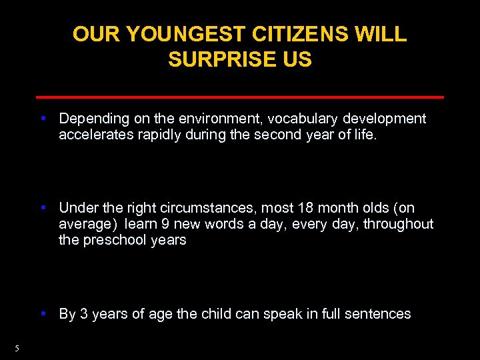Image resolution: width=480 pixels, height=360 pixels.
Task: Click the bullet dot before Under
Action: [43, 208]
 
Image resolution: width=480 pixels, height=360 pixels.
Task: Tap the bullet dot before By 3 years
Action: [43, 313]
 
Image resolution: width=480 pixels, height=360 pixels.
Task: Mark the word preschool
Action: [115, 240]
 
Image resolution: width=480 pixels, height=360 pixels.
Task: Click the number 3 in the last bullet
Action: [84, 313]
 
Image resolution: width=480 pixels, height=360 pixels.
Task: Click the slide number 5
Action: [17, 348]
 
